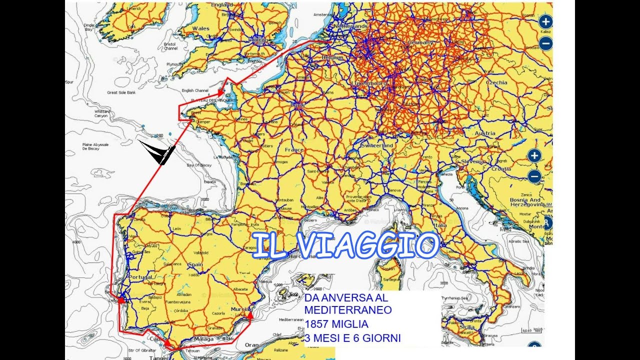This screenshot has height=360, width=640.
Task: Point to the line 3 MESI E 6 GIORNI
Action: coord(352,338)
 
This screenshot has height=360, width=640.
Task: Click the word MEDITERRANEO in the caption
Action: coord(348,310)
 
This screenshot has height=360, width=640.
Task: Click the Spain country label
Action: coord(195,265)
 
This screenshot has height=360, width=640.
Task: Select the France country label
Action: coord(294,149)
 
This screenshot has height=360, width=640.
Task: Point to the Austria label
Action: coord(485,133)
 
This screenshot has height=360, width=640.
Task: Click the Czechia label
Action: coord(496,82)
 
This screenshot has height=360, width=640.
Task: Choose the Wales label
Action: coord(201,28)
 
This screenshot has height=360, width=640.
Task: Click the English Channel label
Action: coord(195,90)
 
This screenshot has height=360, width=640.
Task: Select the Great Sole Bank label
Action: coord(121,92)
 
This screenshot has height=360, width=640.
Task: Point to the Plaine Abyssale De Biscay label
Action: coord(95,146)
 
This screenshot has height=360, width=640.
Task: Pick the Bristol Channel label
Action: coord(170,46)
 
